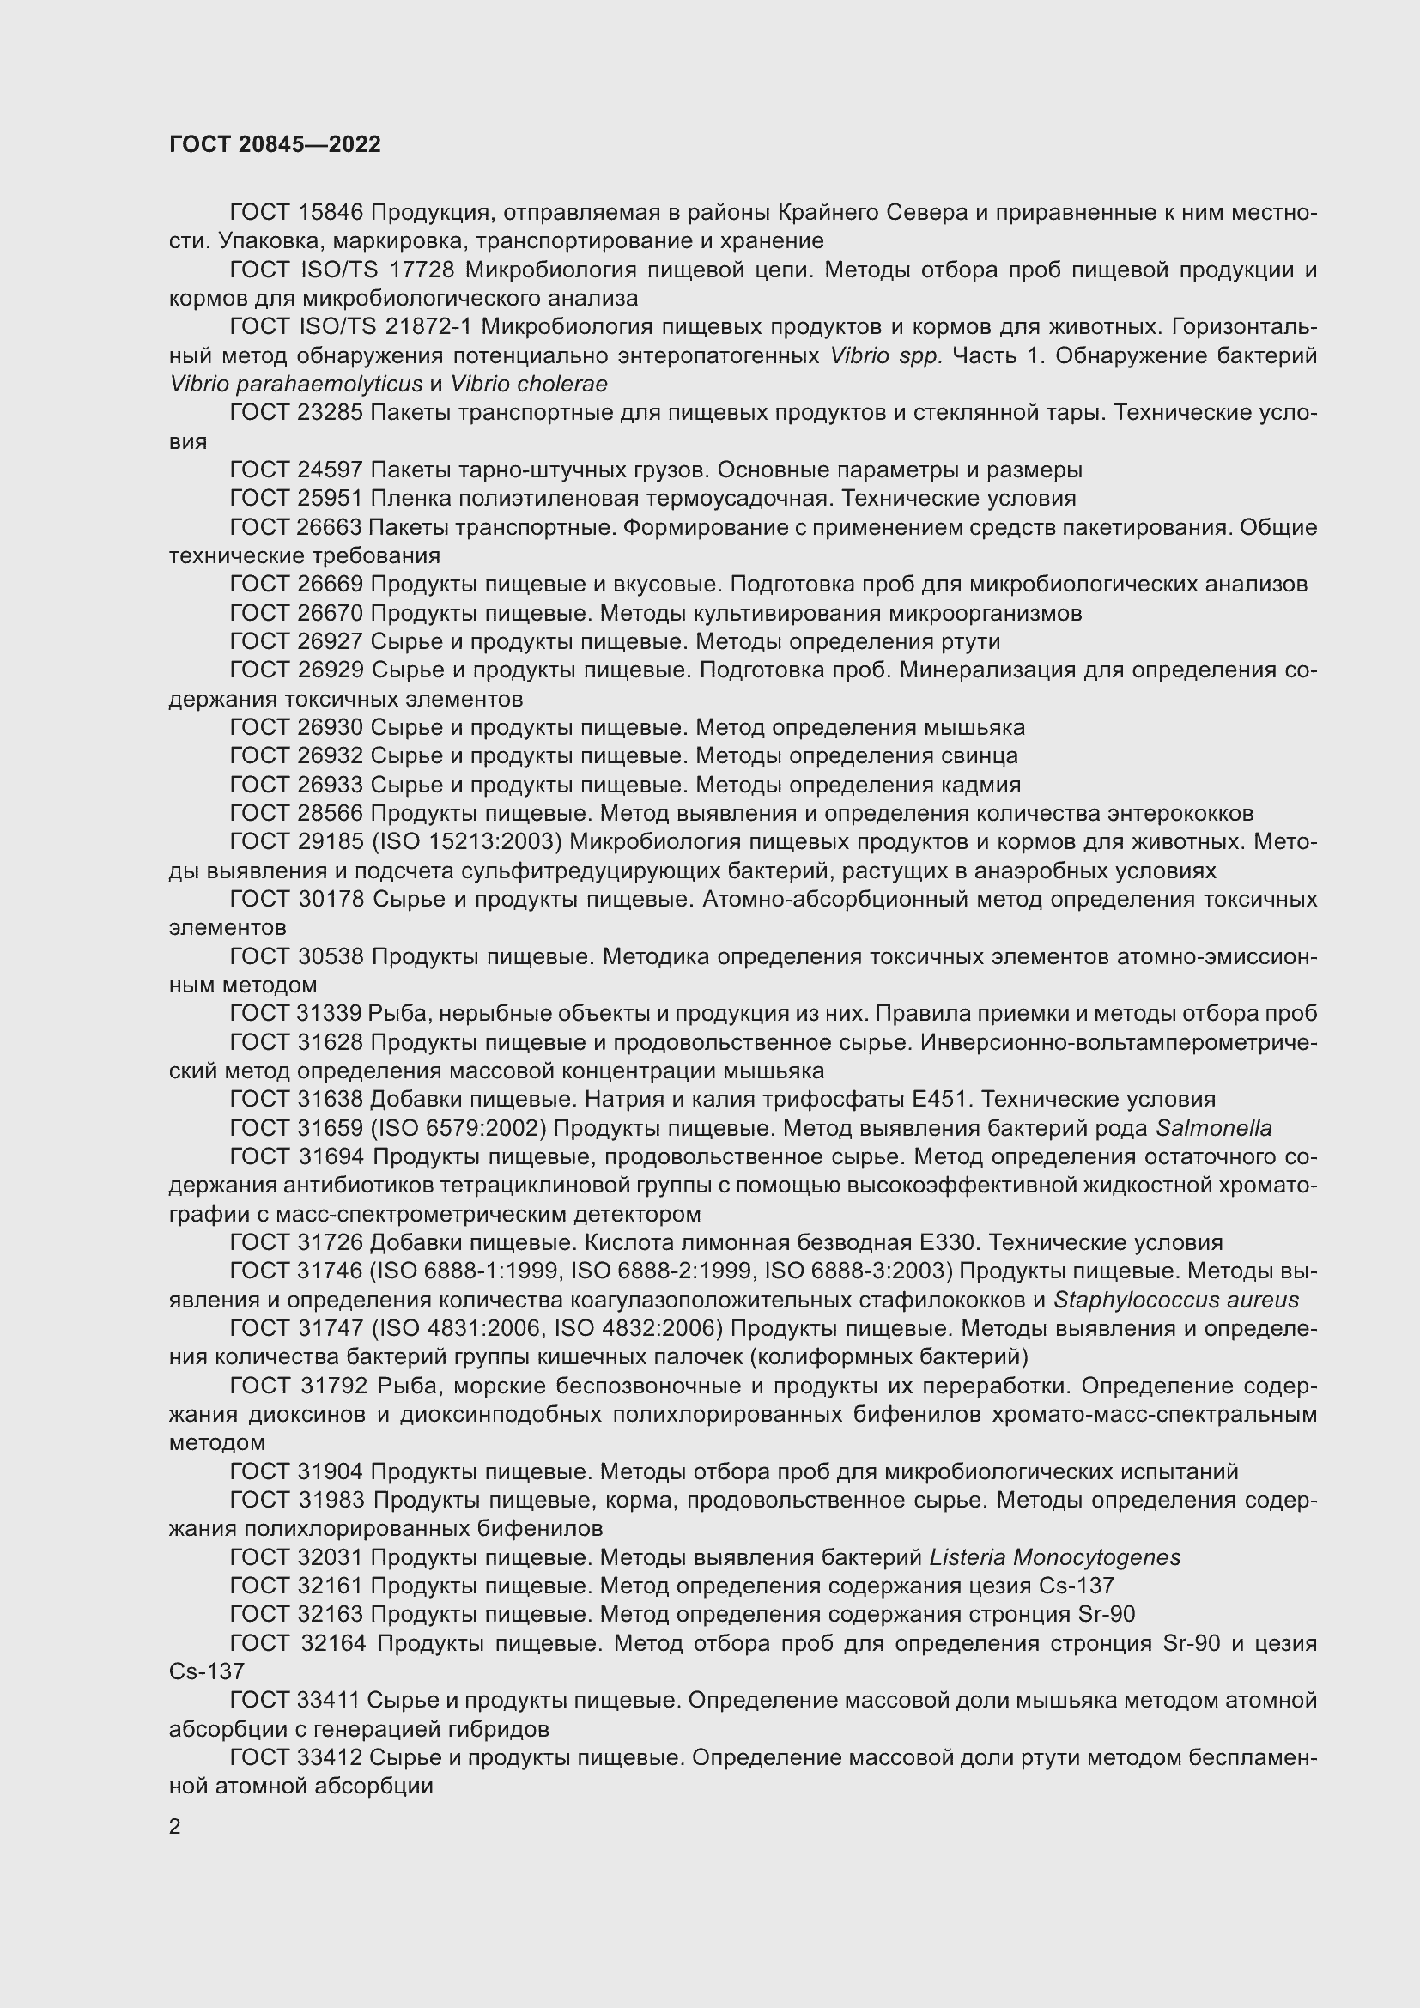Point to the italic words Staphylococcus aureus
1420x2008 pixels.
click(x=1176, y=1300)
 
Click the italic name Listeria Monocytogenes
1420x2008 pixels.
click(x=1054, y=1557)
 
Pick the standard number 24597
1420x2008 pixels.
click(x=331, y=470)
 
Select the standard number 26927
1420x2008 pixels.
click(x=331, y=642)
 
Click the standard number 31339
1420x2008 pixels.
click(x=331, y=1014)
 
